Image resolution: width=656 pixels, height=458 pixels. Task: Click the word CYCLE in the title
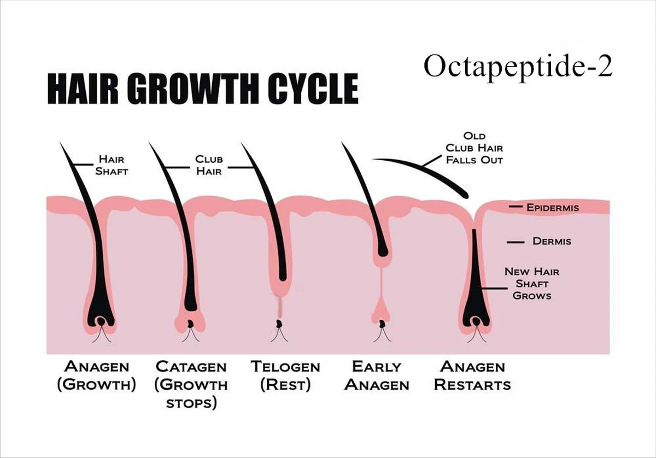coord(313,89)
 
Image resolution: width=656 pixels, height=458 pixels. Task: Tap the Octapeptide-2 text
coord(518,67)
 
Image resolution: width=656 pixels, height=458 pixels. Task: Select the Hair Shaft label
coord(112,165)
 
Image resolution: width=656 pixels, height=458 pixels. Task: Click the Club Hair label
coord(209,165)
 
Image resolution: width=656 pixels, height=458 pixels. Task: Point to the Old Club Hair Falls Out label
coord(475,148)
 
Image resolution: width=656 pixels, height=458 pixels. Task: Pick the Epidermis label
coord(553,208)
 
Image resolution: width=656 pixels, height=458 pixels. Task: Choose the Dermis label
coord(552,242)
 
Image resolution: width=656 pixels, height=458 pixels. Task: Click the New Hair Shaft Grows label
coord(532,284)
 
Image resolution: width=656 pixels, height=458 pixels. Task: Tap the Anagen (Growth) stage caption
coord(97,375)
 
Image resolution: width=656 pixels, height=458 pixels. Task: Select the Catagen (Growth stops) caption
coord(191,385)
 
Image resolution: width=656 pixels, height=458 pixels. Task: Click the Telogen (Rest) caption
coord(285,375)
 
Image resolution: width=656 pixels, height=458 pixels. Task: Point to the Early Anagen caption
coord(377,375)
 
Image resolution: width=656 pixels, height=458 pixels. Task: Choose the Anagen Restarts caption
coord(472,375)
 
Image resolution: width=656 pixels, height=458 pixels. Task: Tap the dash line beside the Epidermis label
coord(516,207)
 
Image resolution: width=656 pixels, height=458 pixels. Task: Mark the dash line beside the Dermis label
coord(516,242)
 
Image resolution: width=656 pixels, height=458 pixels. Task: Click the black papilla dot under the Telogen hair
coord(279,324)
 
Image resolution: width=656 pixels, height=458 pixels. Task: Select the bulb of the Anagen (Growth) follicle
coord(101,318)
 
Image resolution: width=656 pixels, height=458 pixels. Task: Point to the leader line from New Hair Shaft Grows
coord(495,289)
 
